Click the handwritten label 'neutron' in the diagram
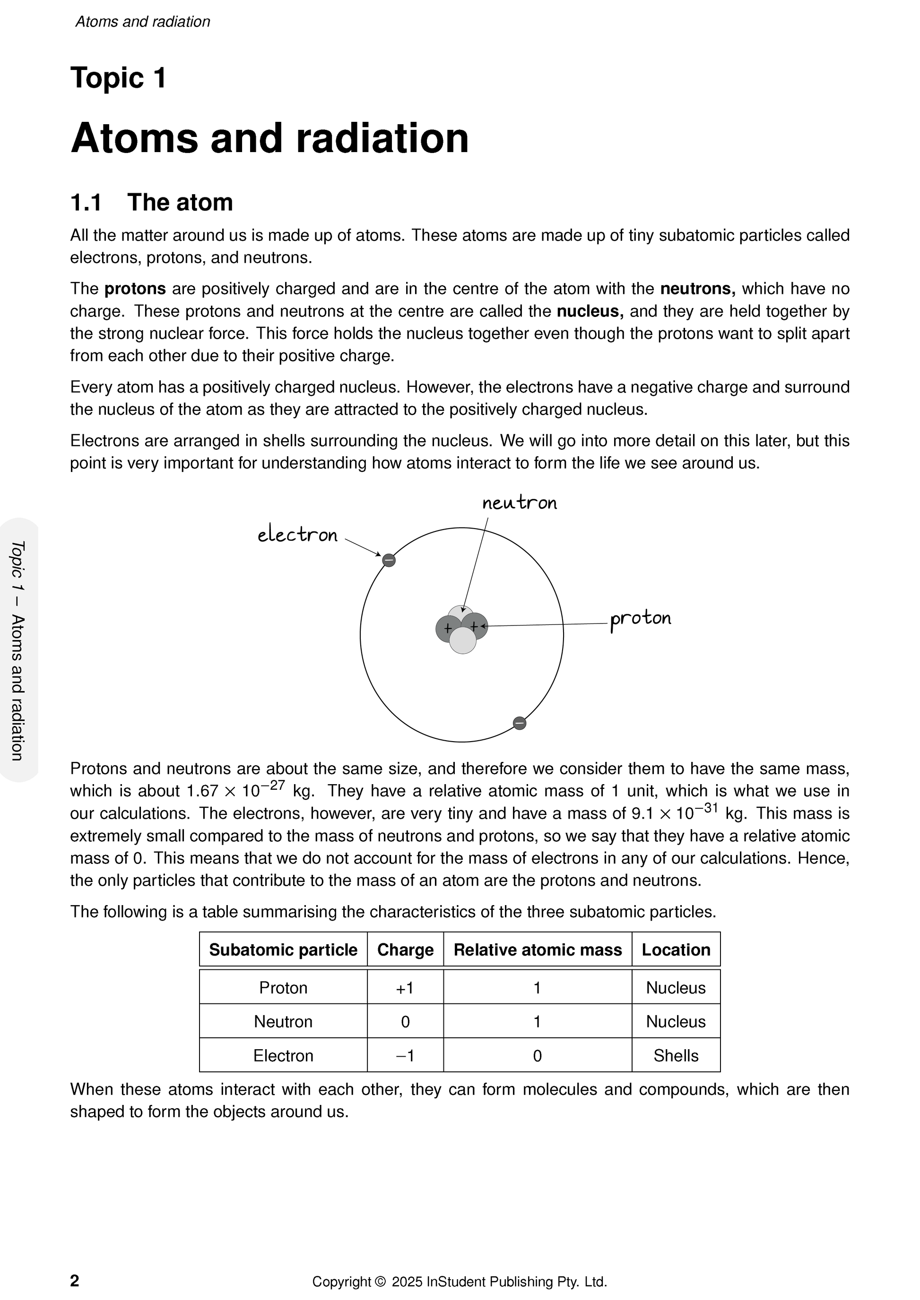(520, 503)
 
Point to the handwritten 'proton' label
(640, 618)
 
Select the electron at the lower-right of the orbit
(520, 723)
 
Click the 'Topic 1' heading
(118, 77)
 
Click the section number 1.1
(86, 203)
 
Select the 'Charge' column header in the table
(405, 949)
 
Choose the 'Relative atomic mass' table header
(538, 949)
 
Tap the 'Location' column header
(676, 949)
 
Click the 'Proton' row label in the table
(283, 988)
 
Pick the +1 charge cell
(405, 988)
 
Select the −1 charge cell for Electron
(405, 1055)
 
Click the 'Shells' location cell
(676, 1055)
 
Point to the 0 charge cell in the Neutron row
(405, 1021)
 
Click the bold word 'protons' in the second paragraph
(135, 289)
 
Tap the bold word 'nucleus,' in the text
(590, 311)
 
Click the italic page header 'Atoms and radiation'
(143, 22)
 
